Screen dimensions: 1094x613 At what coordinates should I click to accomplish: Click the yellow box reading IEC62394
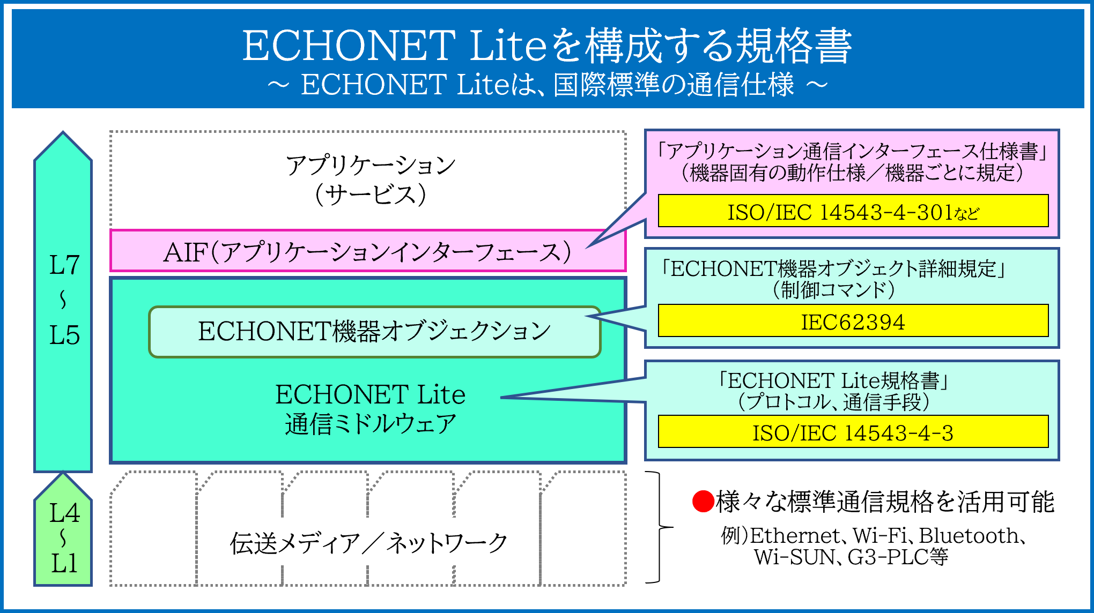(853, 320)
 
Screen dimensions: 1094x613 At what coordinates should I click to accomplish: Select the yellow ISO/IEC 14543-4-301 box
(853, 211)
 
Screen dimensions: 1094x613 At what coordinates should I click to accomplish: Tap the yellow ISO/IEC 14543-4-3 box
(853, 431)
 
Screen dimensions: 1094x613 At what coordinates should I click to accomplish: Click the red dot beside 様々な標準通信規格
(703, 502)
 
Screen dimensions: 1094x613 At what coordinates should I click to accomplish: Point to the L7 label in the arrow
(64, 265)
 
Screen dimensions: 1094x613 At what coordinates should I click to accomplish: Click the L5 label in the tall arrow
(64, 335)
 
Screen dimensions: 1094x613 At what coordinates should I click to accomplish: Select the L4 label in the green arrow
(64, 513)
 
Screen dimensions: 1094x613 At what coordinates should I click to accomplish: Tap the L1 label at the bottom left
(64, 564)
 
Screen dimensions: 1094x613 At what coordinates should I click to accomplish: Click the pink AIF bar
(368, 251)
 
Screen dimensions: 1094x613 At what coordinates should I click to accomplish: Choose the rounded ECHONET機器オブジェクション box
(374, 332)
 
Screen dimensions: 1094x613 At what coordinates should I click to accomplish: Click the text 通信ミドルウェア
(370, 424)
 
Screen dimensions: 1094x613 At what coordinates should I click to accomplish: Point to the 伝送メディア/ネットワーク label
(368, 543)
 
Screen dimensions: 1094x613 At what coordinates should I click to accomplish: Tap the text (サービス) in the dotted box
(370, 194)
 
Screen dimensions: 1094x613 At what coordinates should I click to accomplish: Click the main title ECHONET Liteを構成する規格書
(547, 46)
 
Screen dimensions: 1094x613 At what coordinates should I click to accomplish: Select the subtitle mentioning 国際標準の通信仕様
(547, 85)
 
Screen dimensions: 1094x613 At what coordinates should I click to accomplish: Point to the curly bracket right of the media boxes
(660, 527)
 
